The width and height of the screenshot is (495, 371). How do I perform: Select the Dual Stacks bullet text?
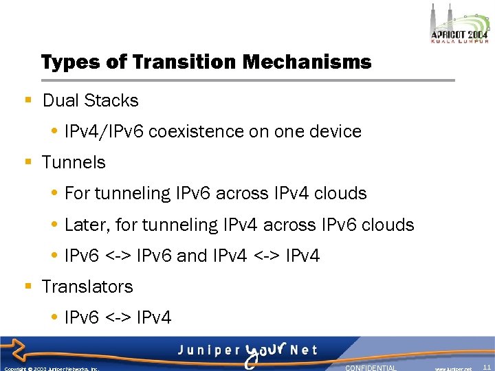pos(90,100)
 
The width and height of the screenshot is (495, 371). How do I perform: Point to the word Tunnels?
pos(74,162)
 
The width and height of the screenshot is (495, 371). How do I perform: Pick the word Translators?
pos(87,286)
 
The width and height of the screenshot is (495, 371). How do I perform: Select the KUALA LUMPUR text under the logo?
pos(459,41)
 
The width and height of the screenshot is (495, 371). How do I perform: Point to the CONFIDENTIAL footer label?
pos(371,368)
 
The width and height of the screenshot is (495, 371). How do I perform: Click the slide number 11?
pos(487,368)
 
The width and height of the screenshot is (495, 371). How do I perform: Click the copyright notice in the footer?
pos(52,368)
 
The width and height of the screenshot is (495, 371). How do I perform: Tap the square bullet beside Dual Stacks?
pos(28,100)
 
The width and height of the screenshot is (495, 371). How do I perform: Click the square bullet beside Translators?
pos(28,286)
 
